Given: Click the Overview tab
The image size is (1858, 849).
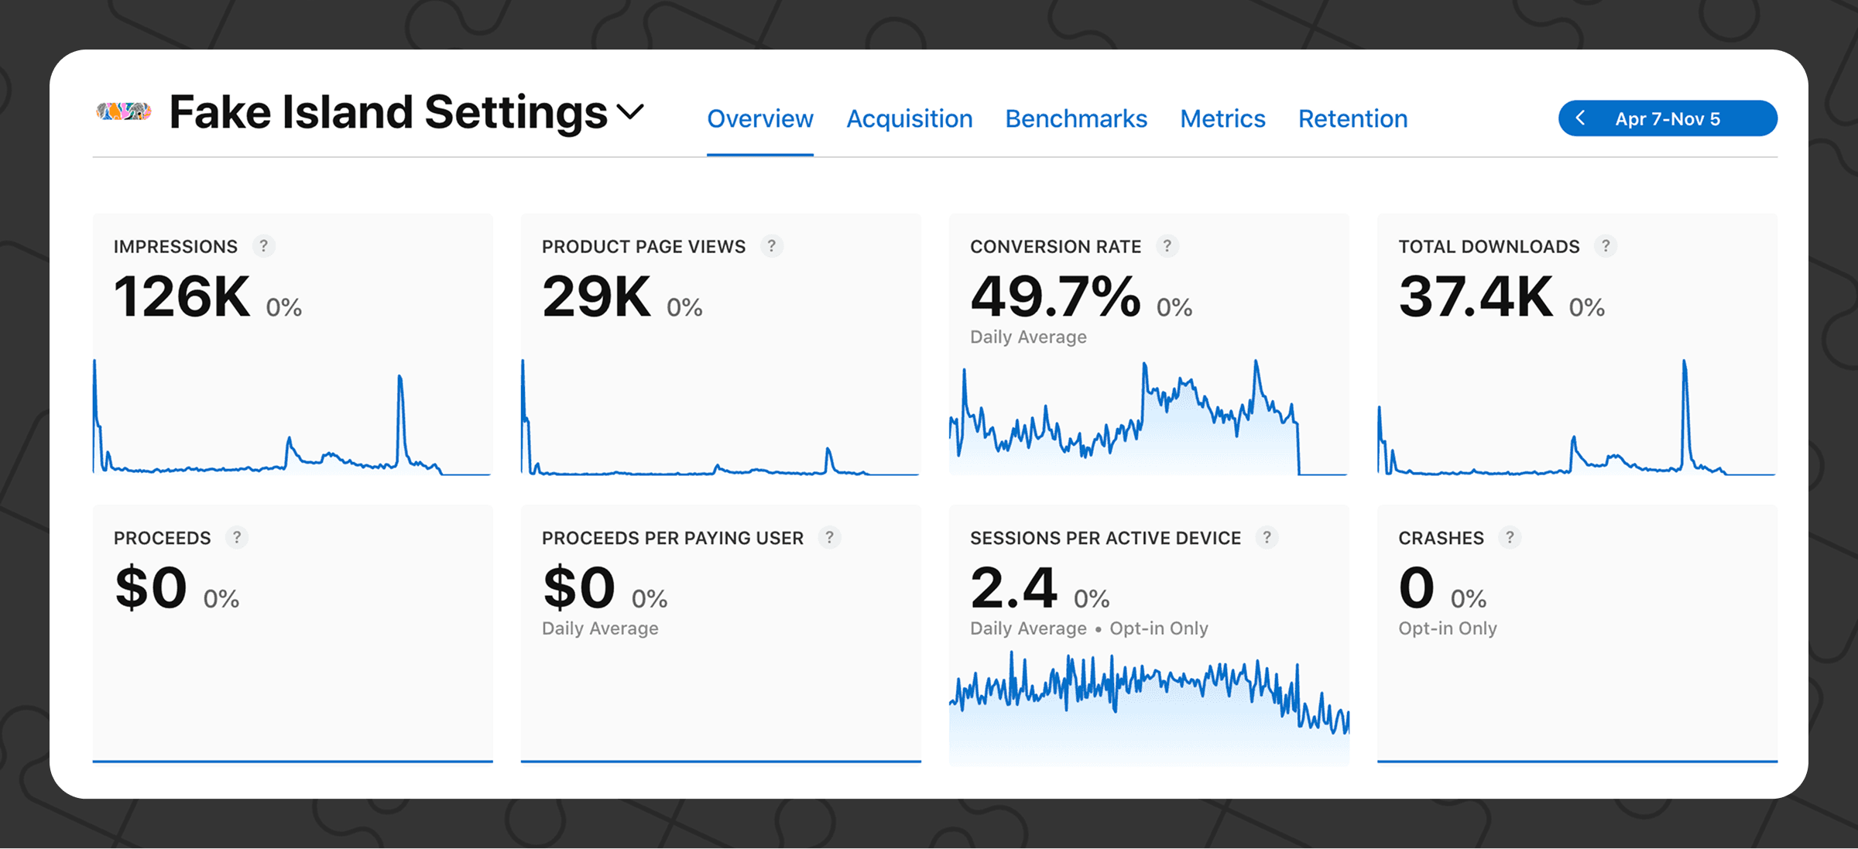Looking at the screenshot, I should (759, 119).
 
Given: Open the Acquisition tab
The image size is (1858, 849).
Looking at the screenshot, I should (909, 119).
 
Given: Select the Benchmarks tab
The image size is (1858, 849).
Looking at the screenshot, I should (1075, 119).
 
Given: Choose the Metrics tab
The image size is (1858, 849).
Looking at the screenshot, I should (1222, 119).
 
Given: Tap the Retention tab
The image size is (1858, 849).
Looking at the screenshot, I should (1352, 119).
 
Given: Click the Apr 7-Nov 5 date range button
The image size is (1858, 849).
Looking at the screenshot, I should (1668, 118).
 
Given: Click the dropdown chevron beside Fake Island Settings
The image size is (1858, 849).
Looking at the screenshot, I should (630, 113).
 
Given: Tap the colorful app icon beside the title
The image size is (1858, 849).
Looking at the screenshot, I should (123, 112).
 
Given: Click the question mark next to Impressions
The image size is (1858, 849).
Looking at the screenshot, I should (263, 246).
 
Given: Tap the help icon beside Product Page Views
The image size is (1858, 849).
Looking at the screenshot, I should (771, 246).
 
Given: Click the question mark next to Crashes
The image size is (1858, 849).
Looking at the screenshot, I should (1509, 537).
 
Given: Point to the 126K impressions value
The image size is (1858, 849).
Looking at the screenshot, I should (182, 297).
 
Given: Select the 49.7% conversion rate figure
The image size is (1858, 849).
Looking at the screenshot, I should (1054, 297).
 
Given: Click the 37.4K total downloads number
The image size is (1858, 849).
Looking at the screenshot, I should (1475, 297).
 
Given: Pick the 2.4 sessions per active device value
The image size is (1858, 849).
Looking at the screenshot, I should (1013, 588).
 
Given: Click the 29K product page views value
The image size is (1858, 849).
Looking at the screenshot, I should (596, 297).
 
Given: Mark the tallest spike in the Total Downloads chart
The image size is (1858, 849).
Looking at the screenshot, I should (1684, 362).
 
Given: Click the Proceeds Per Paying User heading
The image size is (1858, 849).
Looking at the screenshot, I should (672, 538).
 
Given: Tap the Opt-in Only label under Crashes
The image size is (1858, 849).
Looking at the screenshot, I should (1447, 628).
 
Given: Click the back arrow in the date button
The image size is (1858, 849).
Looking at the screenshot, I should (1580, 118).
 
